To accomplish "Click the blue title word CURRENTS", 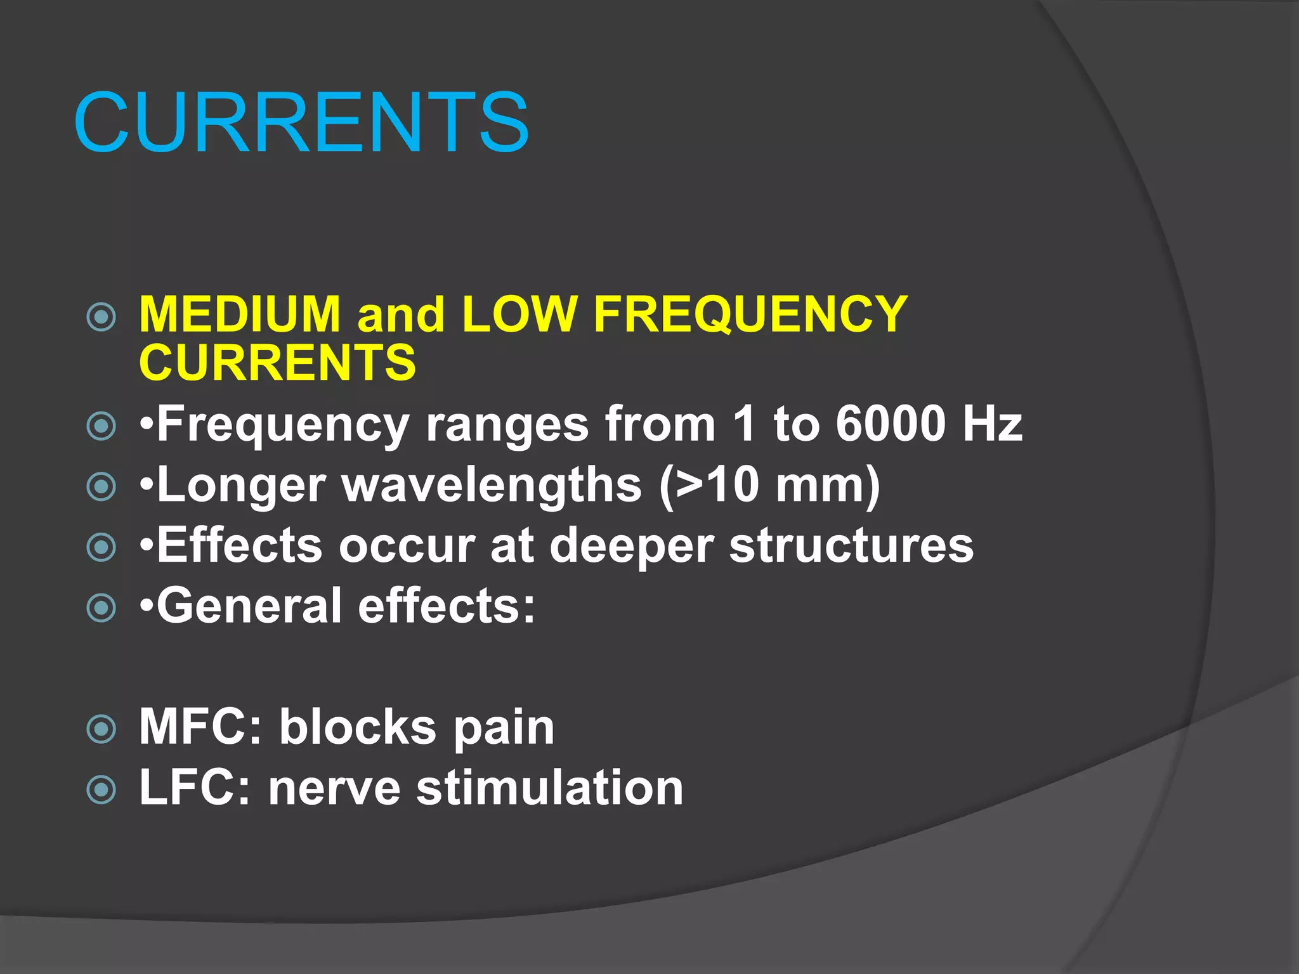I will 301,122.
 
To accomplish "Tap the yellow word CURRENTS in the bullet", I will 277,362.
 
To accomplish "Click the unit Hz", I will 992,424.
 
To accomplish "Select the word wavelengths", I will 492,485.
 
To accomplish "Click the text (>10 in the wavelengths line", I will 709,485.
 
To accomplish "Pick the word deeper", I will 631,545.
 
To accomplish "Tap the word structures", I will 851,545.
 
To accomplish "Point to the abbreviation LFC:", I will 195,788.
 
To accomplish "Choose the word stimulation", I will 549,788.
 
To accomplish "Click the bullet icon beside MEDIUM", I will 101,317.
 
